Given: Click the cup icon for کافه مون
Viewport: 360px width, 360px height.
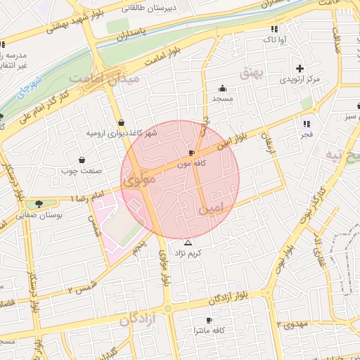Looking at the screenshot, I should (192, 153).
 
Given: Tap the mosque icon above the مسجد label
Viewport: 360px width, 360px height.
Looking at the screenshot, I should (223, 89).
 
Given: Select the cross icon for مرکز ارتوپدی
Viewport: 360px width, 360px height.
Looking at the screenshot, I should (300, 68).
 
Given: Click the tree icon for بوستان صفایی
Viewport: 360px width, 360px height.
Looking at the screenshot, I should (39, 204).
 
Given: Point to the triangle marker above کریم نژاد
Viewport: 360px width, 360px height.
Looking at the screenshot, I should (188, 243).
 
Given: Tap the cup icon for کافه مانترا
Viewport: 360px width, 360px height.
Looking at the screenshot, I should (209, 320).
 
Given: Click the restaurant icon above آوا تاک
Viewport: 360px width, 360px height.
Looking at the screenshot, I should (274, 30).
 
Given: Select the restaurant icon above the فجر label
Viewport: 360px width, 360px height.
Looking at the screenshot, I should (306, 124).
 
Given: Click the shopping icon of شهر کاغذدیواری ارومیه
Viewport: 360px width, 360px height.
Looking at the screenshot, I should (121, 122).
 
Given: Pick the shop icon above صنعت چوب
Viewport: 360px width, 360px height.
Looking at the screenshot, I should (82, 160).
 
